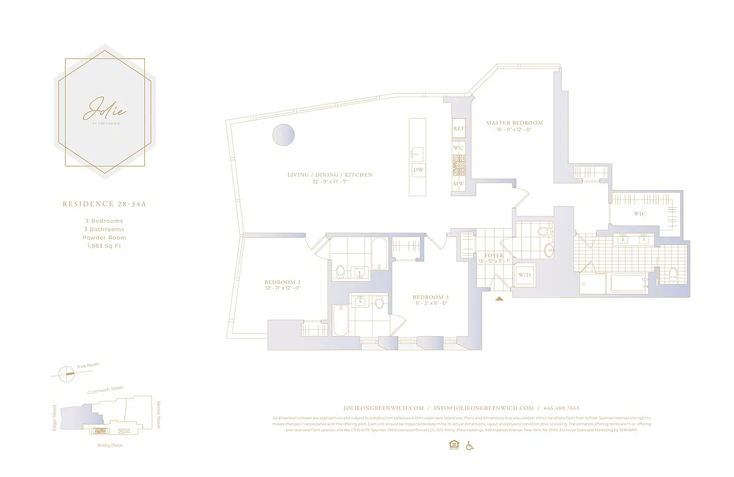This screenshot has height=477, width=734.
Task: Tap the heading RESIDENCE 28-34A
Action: click(104, 204)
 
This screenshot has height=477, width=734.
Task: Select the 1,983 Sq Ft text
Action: click(104, 246)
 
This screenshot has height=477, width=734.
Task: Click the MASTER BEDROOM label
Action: click(514, 123)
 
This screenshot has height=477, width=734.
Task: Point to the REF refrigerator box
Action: click(459, 129)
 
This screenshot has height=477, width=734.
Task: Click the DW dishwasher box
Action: click(419, 171)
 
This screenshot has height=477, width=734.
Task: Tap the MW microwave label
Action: click(459, 184)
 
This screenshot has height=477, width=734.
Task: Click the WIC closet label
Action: click(640, 213)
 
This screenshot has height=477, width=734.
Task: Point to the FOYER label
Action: click(494, 256)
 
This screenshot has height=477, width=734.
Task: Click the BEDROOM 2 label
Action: click(282, 282)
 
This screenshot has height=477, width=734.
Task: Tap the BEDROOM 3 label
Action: click(430, 297)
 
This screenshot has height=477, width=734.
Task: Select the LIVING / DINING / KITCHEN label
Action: click(330, 175)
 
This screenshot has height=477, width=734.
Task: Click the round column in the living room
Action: click(283, 135)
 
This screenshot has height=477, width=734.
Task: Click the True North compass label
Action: click(88, 365)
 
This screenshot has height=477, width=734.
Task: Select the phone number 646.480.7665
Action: click(561, 408)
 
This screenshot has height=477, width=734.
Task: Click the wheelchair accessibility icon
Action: click(469, 445)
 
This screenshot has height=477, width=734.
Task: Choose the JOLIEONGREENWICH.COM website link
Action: click(383, 408)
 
